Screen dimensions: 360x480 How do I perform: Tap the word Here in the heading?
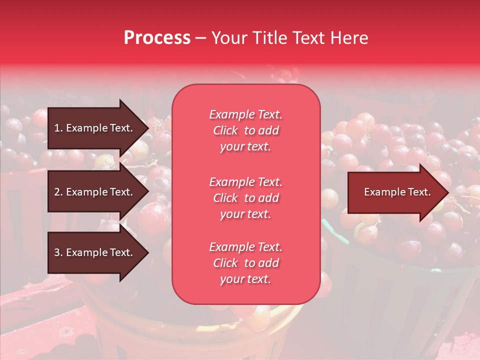click(x=349, y=38)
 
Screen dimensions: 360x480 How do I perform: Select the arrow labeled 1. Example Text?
click(x=95, y=128)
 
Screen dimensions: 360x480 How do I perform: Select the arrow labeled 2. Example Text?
click(x=95, y=192)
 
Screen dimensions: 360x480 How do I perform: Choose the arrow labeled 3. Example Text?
click(x=95, y=252)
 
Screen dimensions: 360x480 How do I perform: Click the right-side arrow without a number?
click(x=395, y=192)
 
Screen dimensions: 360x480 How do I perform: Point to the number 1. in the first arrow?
click(x=58, y=128)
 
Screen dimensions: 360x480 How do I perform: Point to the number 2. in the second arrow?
click(x=58, y=192)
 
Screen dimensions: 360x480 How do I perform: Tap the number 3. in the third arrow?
click(x=58, y=252)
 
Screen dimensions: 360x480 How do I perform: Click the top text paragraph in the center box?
click(x=245, y=130)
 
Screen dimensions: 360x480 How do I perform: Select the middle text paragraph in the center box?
click(x=245, y=198)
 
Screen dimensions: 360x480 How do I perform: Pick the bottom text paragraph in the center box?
click(x=245, y=263)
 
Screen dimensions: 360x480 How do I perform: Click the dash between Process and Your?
click(x=200, y=38)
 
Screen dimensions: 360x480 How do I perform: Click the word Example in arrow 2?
click(x=87, y=192)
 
